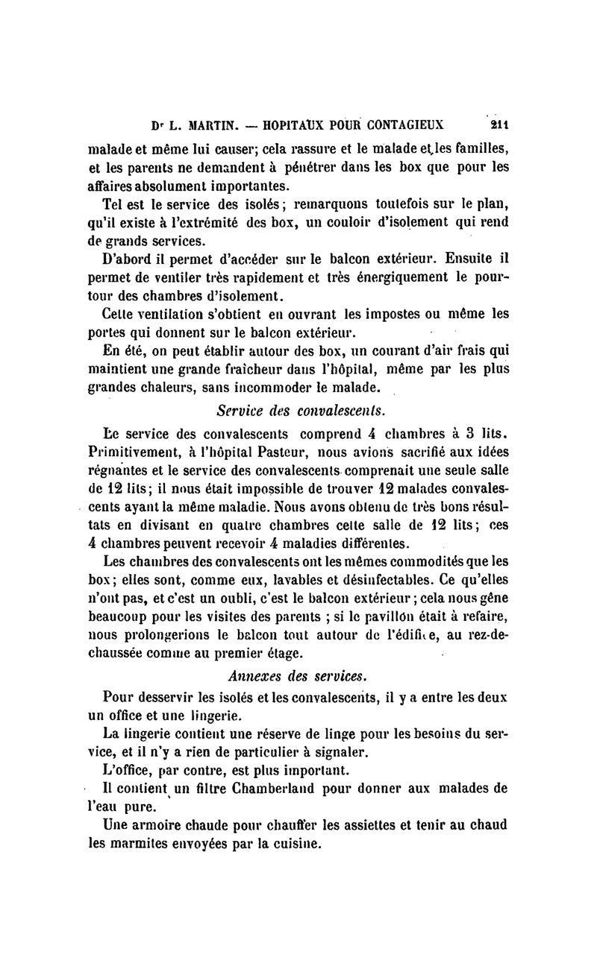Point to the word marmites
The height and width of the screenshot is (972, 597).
click(x=148, y=845)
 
